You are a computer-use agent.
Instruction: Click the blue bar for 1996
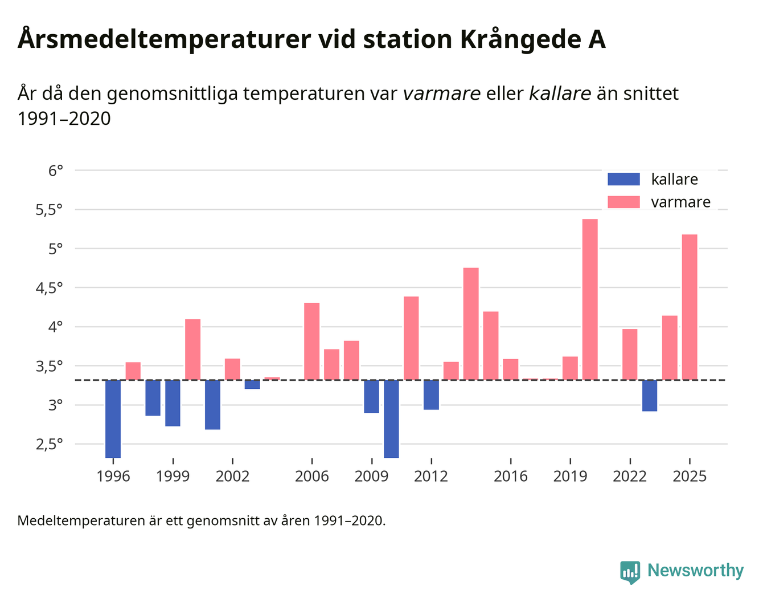pyautogui.click(x=113, y=418)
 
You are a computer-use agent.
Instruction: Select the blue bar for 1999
pyautogui.click(x=173, y=403)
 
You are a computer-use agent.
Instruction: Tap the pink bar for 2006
pyautogui.click(x=311, y=341)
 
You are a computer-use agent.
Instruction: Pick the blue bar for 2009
pyautogui.click(x=371, y=396)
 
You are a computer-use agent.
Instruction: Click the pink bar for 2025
pyautogui.click(x=690, y=307)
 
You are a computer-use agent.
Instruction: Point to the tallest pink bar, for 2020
pyautogui.click(x=590, y=299)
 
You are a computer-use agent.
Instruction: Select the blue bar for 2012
pyautogui.click(x=431, y=394)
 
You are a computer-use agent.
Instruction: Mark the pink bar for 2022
pyautogui.click(x=630, y=354)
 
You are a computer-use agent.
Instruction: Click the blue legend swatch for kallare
pyautogui.click(x=623, y=179)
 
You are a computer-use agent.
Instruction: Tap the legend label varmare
pyautogui.click(x=680, y=202)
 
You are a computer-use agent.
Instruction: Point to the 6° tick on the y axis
pyautogui.click(x=55, y=170)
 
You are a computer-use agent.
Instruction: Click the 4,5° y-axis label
pyautogui.click(x=49, y=288)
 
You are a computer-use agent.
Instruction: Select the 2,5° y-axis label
pyautogui.click(x=49, y=444)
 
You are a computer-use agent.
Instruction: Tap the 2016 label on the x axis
pyautogui.click(x=510, y=477)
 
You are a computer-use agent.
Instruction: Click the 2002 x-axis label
pyautogui.click(x=232, y=477)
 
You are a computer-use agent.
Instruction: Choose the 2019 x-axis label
pyautogui.click(x=570, y=477)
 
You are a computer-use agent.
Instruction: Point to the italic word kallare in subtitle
pyautogui.click(x=560, y=93)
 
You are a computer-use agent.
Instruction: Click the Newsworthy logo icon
pyautogui.click(x=630, y=572)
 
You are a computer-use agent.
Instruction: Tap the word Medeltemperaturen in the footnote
pyautogui.click(x=81, y=520)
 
